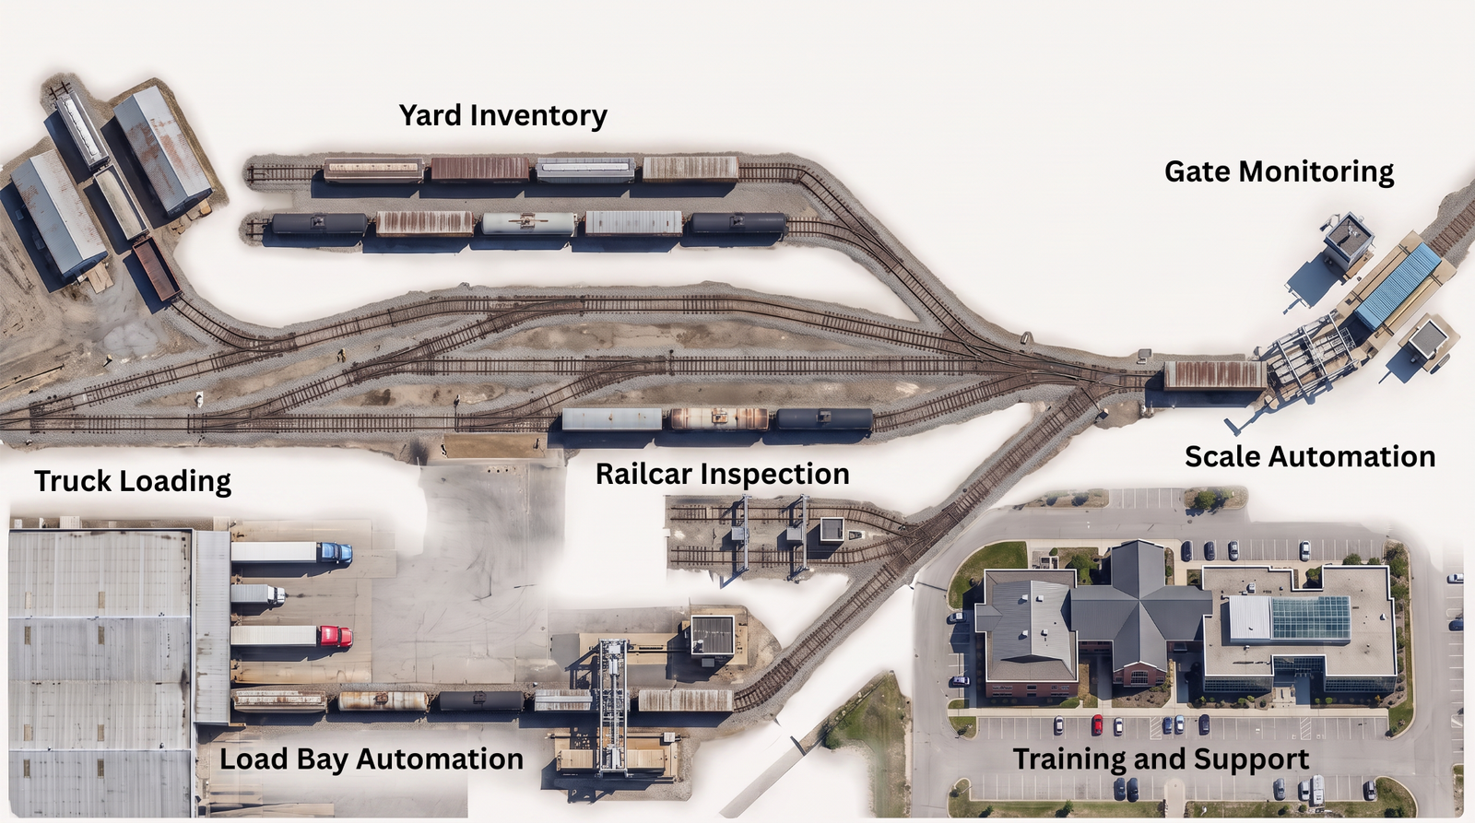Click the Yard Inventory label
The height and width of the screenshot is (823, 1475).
(x=503, y=115)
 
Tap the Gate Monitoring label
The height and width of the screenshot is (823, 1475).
(x=1279, y=171)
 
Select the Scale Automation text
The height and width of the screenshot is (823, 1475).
(x=1310, y=456)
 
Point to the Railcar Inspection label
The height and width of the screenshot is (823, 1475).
(x=723, y=474)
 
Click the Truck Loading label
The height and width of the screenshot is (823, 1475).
(x=133, y=481)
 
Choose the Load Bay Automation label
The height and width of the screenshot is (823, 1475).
(x=372, y=759)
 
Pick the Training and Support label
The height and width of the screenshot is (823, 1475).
(x=1161, y=759)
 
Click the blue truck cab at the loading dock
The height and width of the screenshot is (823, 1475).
(x=336, y=552)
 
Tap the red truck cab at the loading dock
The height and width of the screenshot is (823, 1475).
(x=336, y=637)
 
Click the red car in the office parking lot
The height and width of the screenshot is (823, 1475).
(x=1097, y=725)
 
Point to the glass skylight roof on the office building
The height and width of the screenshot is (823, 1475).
(x=1310, y=617)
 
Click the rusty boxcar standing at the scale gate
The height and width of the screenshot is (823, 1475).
(x=1215, y=374)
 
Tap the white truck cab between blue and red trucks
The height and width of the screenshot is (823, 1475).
(x=277, y=595)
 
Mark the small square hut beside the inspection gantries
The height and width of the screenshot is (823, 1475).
(x=832, y=529)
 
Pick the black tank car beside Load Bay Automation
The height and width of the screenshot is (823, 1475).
(x=481, y=700)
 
